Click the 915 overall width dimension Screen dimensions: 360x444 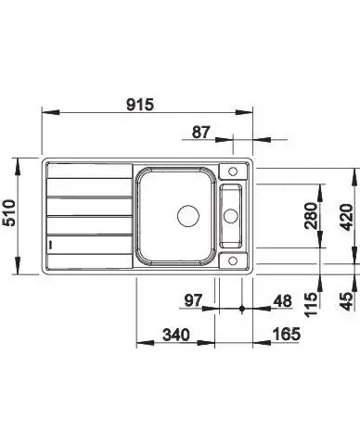pos(140,105)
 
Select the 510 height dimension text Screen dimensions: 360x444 pos(9,213)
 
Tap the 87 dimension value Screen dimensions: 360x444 pos(201,133)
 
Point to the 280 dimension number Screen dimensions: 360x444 pos(311,216)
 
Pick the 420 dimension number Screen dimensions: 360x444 pos(346,217)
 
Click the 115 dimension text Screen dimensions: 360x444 pos(311,304)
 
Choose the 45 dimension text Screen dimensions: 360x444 pos(346,301)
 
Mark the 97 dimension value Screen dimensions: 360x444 pos(193,300)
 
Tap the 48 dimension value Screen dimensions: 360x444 pos(283,301)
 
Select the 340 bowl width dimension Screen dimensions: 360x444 pos(176,335)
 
